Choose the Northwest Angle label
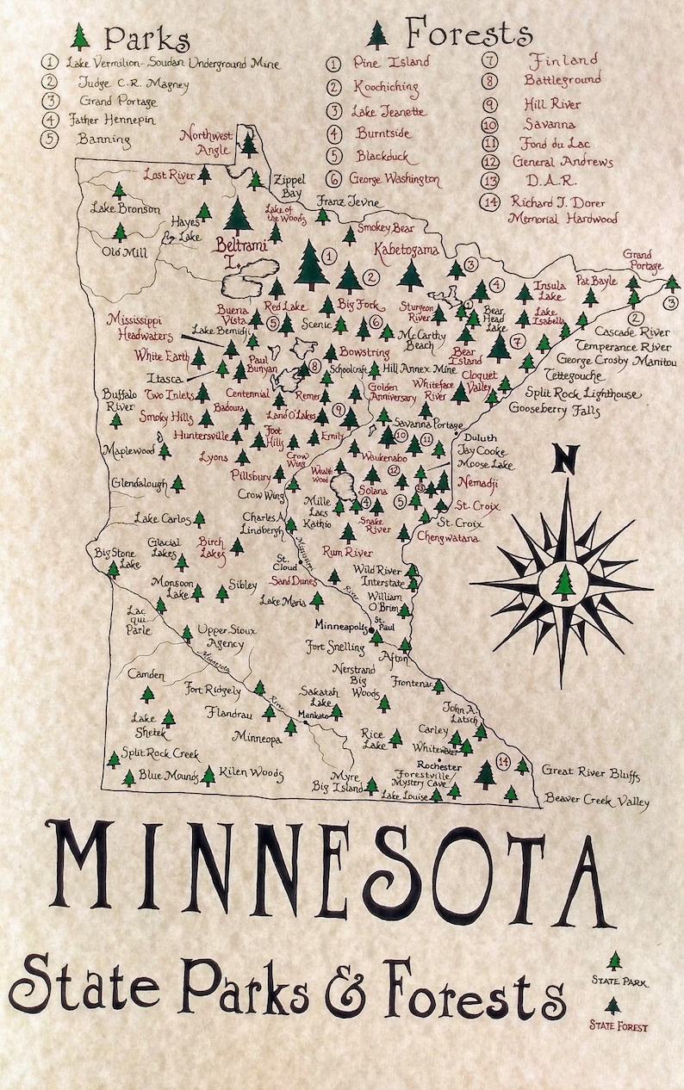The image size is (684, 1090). tap(204, 140)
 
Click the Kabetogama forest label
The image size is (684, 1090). tap(406, 250)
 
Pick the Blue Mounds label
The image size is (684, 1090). tap(167, 774)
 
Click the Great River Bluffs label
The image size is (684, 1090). tap(591, 773)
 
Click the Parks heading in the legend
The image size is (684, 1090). tap(146, 39)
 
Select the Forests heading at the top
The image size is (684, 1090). tap(469, 34)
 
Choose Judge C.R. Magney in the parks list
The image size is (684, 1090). tap(133, 84)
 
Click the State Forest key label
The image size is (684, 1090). tap(619, 1026)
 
